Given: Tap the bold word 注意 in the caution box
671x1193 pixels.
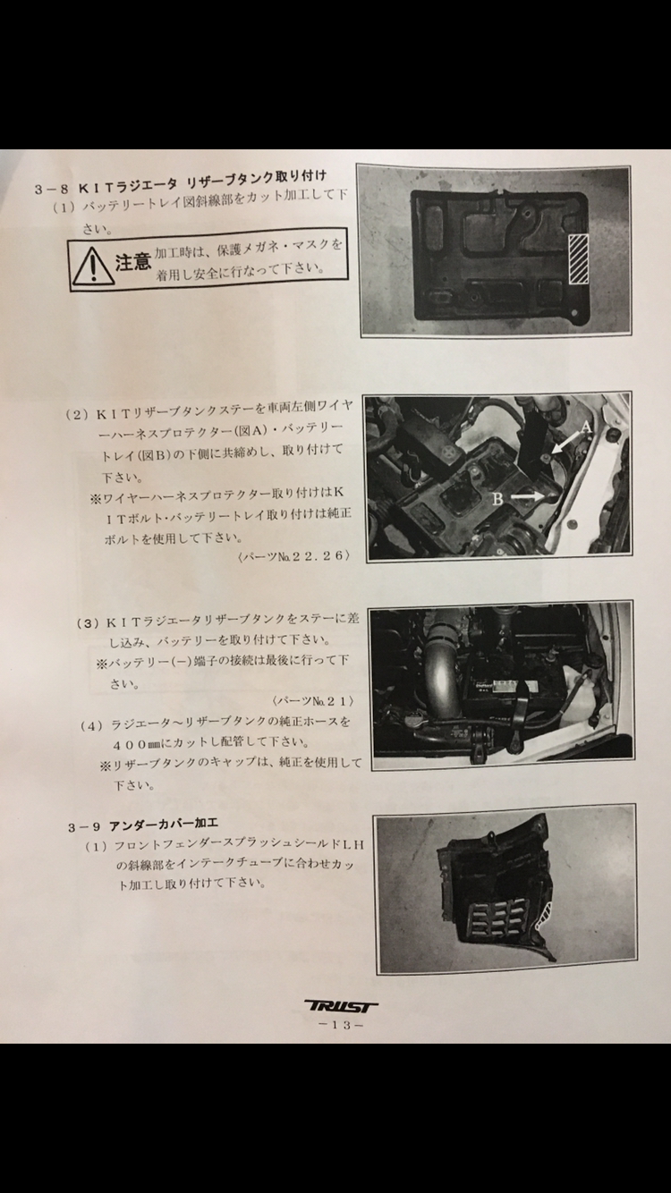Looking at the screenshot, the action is point(133,261).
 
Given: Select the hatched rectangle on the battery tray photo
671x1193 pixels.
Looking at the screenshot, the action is point(578,258).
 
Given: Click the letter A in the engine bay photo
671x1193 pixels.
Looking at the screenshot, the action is point(585,427).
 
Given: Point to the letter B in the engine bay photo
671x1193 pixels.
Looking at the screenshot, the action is point(497,499).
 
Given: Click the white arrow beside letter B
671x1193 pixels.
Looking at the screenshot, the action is point(527,495).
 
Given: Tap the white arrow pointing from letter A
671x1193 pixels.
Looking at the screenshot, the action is point(566,443).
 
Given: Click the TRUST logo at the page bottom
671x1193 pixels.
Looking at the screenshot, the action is point(341,1006).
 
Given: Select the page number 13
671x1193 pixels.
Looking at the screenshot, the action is point(341,1024).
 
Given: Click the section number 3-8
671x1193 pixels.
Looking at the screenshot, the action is point(52,189).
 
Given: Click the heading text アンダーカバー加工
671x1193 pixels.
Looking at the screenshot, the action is point(164,825).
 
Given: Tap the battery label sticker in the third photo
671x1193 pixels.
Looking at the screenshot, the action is point(508,685).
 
